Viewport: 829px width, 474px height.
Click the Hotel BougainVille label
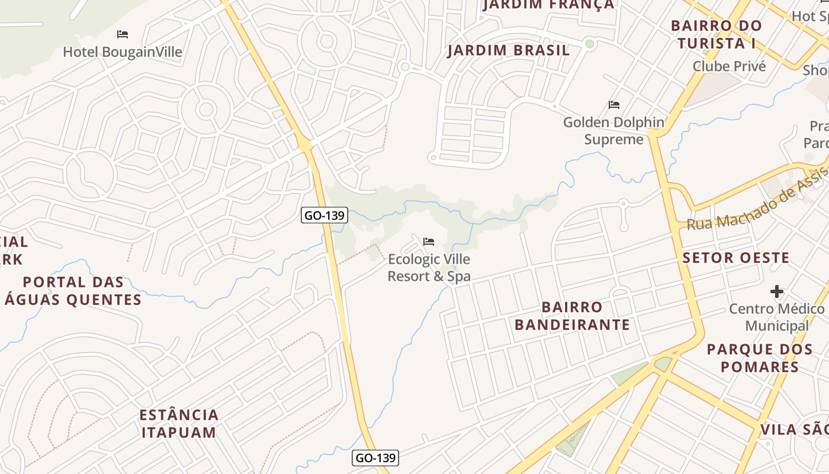pos(123,52)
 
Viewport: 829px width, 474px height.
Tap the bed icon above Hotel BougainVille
pos(123,34)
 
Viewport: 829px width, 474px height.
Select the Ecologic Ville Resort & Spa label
pos(429,268)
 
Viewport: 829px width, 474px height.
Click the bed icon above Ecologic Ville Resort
pos(429,242)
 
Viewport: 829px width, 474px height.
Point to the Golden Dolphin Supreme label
pos(613,131)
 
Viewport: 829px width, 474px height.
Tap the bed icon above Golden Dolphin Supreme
pos(614,105)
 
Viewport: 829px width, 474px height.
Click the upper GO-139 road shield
pos(324,215)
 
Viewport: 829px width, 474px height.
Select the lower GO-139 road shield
pos(375,457)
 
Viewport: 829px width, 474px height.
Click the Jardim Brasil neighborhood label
pos(509,50)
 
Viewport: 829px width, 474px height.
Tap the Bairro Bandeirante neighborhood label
pos(572,316)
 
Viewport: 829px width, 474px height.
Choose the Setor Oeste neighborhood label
pos(736,258)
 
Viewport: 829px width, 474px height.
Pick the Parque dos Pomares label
pos(760,358)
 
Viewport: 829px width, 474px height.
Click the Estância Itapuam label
pos(179,423)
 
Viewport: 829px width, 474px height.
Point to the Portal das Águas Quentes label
pos(73,290)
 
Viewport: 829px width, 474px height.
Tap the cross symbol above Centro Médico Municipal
pos(777,292)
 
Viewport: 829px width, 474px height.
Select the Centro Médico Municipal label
pos(776,317)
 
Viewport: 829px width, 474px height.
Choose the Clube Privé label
pos(730,66)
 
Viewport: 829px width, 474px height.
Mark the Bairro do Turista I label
pos(716,34)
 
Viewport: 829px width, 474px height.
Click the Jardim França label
pos(548,5)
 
